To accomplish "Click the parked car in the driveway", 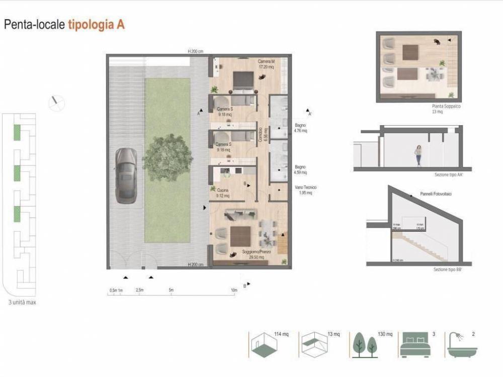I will point(125,175).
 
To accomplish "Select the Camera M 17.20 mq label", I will point(266,64).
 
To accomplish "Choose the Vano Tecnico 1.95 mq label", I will point(306,190).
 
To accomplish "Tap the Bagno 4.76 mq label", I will point(300,128).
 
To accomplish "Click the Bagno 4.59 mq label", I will point(300,169).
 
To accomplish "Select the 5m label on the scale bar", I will point(171,290).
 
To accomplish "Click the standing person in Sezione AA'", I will point(418,155).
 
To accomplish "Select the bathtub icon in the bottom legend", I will point(461,345).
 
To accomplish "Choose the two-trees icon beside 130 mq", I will point(365,345).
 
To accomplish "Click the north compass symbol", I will point(56,103).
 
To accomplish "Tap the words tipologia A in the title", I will point(96,25).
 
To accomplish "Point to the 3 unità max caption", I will point(22,303).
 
